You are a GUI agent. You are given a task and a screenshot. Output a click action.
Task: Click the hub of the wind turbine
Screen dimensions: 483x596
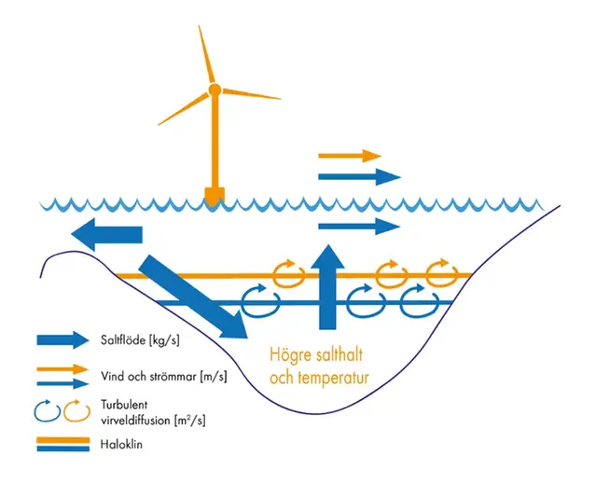coord(215,90)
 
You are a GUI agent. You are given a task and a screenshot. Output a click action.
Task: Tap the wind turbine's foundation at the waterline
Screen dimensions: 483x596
coord(215,196)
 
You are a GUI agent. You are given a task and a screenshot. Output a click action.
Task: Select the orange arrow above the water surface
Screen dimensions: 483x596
coord(350,156)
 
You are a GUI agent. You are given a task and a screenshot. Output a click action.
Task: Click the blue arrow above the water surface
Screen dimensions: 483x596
coord(359,175)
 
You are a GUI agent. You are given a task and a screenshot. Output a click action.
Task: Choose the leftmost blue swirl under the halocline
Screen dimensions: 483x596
coord(259,300)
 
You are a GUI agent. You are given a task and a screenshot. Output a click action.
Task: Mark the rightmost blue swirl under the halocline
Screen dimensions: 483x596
coord(418,300)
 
